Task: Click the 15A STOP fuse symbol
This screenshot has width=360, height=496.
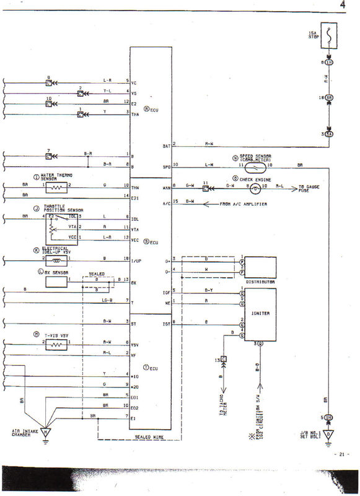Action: [x=330, y=36]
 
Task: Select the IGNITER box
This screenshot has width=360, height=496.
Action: [x=262, y=314]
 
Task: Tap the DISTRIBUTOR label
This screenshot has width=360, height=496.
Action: [x=260, y=281]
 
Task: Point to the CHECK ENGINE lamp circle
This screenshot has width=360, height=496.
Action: [x=253, y=185]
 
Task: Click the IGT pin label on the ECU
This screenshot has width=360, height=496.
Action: [x=166, y=322]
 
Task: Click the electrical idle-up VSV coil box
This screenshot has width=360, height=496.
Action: [x=58, y=260]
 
